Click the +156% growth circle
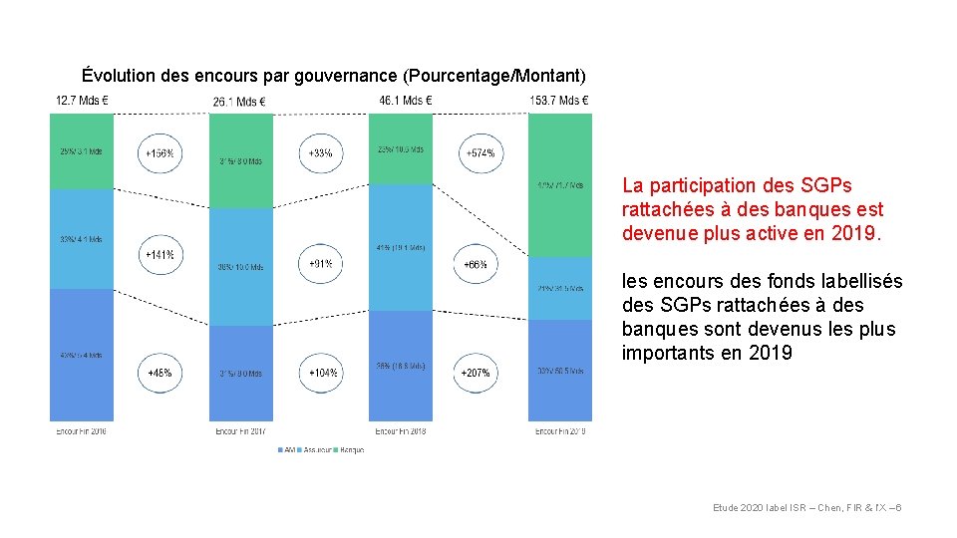tap(159, 154)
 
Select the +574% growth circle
tap(479, 153)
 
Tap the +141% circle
tap(159, 255)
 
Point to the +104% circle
tap(321, 373)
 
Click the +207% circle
tap(475, 373)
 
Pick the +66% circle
tap(475, 264)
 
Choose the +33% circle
tap(321, 153)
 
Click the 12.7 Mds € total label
tap(82, 101)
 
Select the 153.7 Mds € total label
tap(559, 101)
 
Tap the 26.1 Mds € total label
tap(239, 102)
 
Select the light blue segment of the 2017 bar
tap(240, 266)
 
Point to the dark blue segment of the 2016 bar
tap(82, 354)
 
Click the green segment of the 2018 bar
tap(401, 148)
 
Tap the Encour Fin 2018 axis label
tap(401, 431)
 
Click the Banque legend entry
tap(351, 450)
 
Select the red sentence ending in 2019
tap(752, 209)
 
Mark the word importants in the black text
tap(665, 353)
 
